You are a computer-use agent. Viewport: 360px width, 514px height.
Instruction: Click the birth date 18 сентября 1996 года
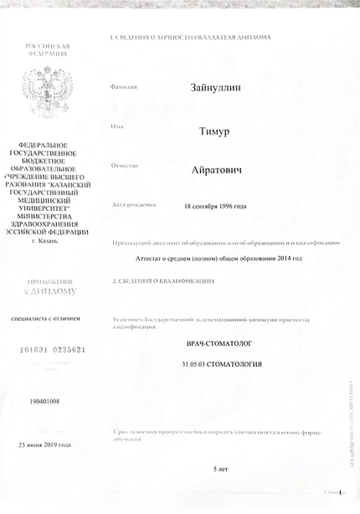(215, 206)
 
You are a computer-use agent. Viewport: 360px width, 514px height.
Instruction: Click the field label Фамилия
(123, 87)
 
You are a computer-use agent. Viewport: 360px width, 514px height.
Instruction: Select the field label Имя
(117, 127)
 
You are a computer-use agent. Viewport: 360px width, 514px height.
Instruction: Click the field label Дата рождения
(133, 205)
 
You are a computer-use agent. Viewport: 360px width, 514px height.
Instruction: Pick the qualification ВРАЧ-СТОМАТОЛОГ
(221, 345)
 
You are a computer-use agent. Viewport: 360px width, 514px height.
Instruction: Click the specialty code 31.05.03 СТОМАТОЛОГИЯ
(221, 365)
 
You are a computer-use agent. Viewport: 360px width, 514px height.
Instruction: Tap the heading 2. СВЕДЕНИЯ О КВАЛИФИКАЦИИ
(164, 283)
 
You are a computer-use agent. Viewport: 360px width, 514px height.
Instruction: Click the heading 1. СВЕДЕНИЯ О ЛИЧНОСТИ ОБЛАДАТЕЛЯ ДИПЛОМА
(191, 39)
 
